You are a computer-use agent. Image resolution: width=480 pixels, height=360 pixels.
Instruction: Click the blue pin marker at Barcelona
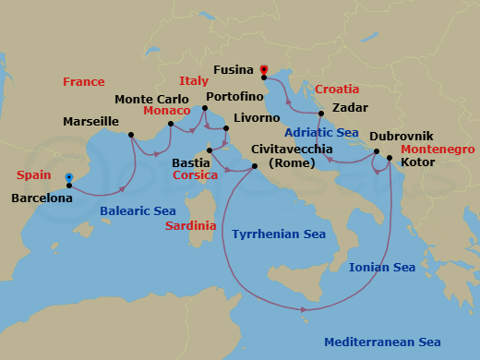[69, 179]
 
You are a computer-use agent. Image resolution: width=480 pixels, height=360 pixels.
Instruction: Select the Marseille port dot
[132, 136]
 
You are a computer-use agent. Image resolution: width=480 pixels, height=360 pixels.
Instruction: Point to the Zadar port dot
[320, 114]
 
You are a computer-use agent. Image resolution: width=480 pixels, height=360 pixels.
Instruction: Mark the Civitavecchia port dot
[257, 166]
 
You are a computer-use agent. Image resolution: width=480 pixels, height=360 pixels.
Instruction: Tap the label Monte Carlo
[150, 99]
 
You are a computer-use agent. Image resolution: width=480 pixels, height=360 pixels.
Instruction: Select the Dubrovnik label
[401, 136]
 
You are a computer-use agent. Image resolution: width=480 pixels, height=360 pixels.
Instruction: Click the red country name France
[83, 82]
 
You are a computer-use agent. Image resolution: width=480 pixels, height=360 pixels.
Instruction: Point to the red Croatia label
[337, 90]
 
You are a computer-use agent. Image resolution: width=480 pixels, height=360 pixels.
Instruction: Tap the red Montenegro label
[438, 149]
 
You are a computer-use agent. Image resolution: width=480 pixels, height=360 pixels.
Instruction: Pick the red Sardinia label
[191, 226]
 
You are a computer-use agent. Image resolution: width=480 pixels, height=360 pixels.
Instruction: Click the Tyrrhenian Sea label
[279, 234]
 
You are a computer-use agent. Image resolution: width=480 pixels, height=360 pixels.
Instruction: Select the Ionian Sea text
[381, 268]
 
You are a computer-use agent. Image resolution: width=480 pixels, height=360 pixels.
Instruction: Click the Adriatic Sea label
[321, 133]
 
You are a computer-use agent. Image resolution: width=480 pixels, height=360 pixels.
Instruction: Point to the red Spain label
[33, 174]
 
